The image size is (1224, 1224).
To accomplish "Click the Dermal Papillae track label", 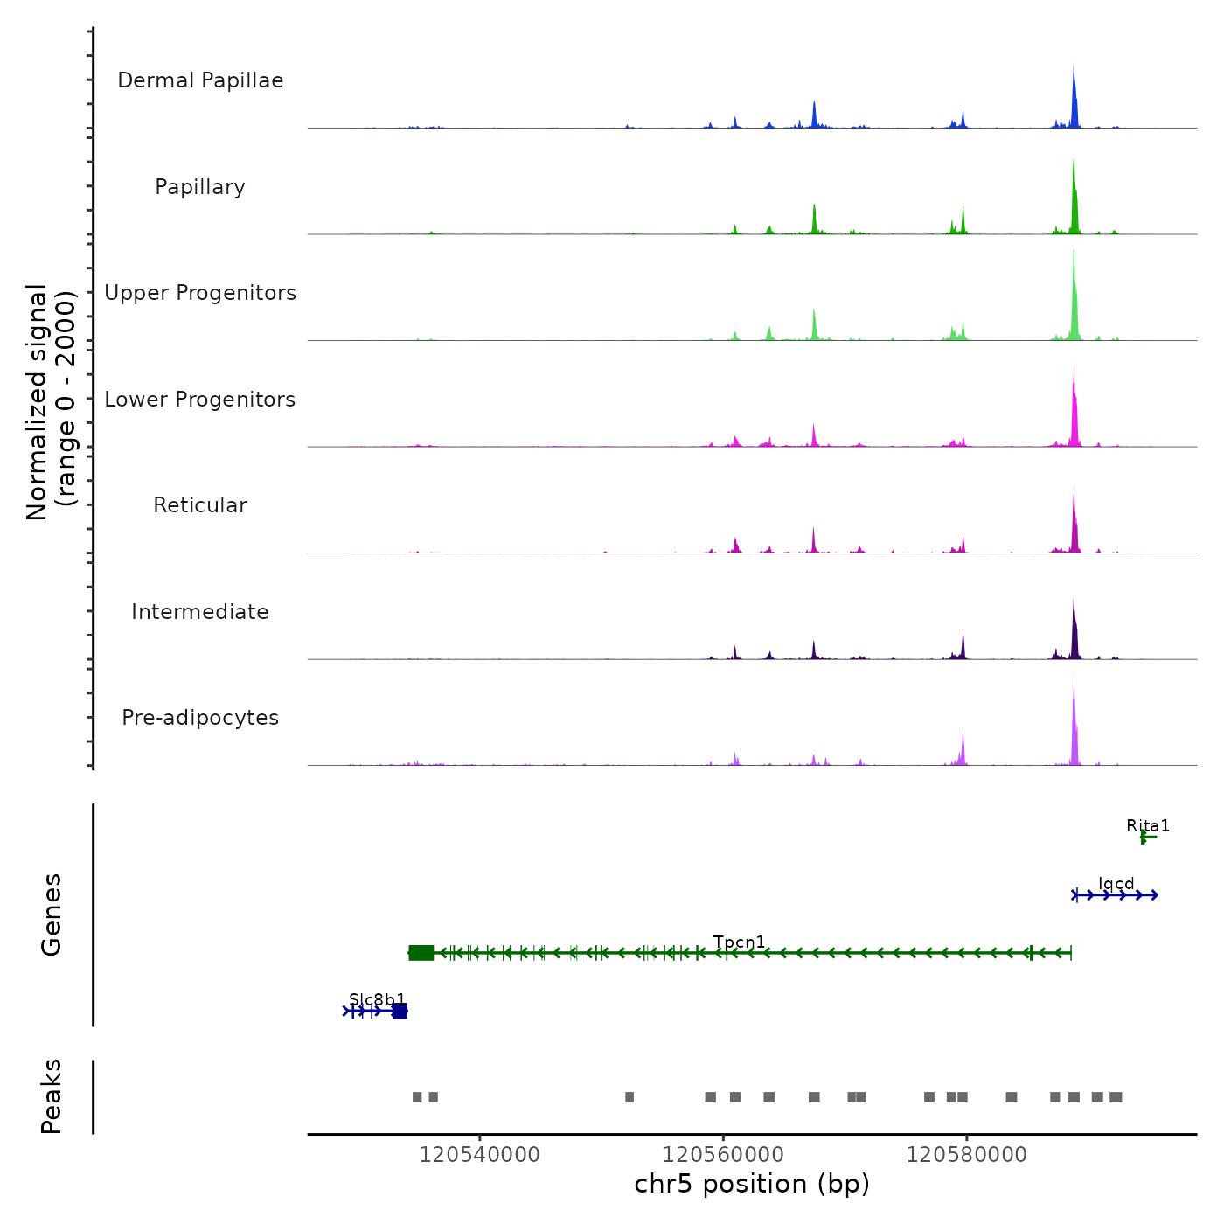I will pos(200,80).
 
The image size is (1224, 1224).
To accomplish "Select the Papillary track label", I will pos(200,187).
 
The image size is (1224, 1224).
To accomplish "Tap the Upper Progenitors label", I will pos(200,293).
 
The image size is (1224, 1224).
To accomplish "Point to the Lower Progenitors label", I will pos(200,400).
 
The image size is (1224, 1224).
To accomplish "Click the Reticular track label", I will pos(200,505).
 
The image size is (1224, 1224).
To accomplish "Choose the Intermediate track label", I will pos(200,612).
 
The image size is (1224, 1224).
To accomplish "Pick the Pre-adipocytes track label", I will pos(200,718).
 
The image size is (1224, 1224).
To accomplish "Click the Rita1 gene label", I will pos(1147,826).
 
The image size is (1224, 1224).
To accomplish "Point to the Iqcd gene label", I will pos(1116,884).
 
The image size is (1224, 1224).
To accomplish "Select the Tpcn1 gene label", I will pos(739,942).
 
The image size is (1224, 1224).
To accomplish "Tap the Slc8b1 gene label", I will pos(377,999).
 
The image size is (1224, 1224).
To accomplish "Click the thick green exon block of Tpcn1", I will pos(421,953).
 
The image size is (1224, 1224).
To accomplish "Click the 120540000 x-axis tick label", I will pos(479,1155).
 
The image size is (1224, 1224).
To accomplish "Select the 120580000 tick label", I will pos(966,1155).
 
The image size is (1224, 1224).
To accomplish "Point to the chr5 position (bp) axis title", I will pos(752,1184).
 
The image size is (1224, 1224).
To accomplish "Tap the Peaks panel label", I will pos(52,1096).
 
